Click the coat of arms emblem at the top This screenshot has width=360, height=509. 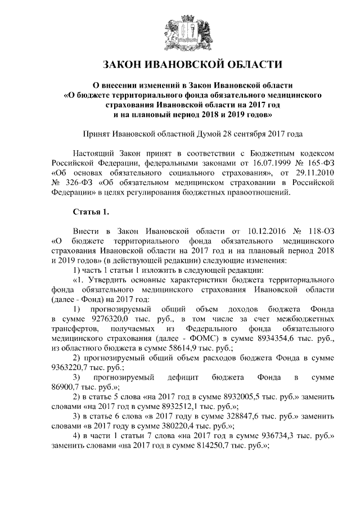[181, 31]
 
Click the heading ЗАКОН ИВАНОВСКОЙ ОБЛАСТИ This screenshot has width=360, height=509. [180, 64]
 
